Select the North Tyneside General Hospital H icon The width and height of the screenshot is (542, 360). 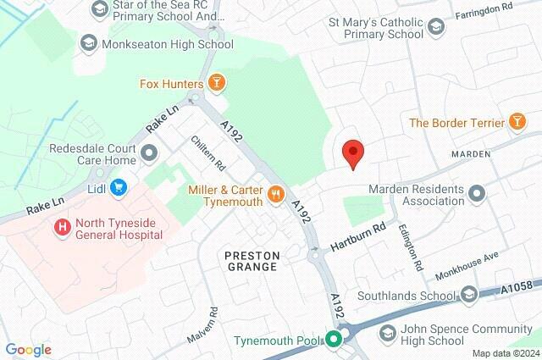61,227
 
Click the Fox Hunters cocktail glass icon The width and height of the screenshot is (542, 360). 217,83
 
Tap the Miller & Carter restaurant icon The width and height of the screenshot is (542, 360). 275,195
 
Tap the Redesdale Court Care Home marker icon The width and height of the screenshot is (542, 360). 150,153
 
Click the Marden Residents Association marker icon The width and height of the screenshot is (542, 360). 477,194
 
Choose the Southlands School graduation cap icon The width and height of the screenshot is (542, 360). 469,296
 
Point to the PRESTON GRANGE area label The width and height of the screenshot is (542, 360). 252,260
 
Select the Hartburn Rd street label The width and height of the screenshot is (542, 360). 357,235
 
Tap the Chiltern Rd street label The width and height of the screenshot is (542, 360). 207,152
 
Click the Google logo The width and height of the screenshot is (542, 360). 28,349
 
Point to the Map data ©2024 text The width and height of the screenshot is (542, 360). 505,353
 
